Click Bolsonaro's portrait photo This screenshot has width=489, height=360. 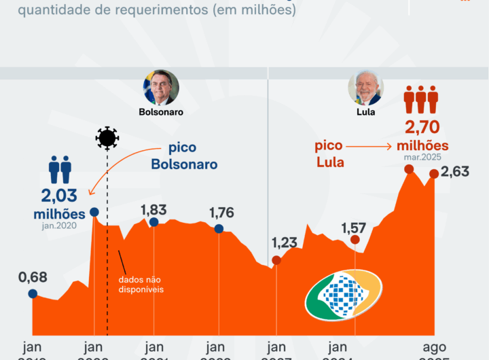(161, 88)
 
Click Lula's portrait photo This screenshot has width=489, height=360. (365, 88)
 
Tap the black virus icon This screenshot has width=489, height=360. (107, 138)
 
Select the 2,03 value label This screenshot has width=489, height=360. (60, 197)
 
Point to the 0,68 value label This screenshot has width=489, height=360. (33, 278)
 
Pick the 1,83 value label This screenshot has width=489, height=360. (153, 210)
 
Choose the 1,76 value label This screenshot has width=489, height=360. (221, 213)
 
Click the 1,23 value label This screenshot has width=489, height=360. (285, 243)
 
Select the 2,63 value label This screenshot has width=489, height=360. (455, 172)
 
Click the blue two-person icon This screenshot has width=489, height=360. (60, 170)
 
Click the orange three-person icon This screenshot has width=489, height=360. (421, 99)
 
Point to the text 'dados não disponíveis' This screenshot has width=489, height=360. (141, 284)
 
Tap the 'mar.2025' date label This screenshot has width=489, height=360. (422, 157)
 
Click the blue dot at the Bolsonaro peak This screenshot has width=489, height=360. (94, 212)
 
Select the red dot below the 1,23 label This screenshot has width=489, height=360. (276, 260)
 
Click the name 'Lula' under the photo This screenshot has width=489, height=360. (365, 112)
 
